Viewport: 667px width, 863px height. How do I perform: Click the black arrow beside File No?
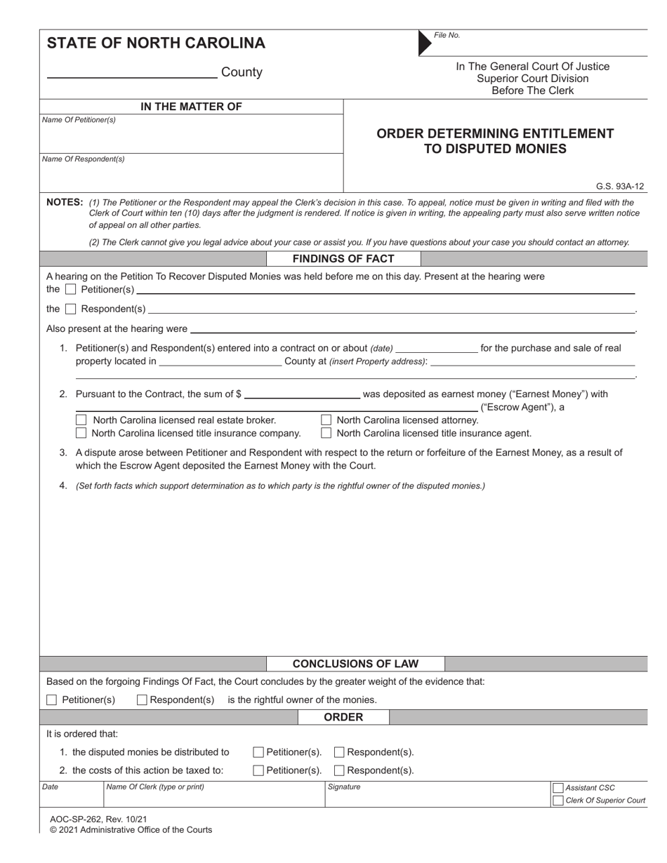(x=425, y=43)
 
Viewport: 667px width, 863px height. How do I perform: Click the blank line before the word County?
(x=132, y=73)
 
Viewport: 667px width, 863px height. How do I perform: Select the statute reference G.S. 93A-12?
(x=620, y=187)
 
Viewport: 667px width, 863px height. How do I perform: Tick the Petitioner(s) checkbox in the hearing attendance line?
(x=70, y=290)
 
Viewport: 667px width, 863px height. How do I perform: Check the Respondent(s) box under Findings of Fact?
(x=70, y=309)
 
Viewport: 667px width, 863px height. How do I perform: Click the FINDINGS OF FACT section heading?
(x=343, y=259)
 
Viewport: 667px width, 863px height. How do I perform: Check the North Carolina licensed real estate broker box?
(x=81, y=420)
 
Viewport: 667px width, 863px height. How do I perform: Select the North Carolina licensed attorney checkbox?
(x=326, y=420)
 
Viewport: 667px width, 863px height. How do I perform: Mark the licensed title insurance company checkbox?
(x=81, y=434)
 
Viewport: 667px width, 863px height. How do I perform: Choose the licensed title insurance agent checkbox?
(x=326, y=434)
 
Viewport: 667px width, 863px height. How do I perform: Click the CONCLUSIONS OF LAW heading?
(x=355, y=664)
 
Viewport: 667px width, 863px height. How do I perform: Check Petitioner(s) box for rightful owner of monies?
(x=51, y=700)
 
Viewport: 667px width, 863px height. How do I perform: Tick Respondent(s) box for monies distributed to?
(x=339, y=752)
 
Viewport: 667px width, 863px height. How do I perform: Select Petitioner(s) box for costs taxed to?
(x=258, y=770)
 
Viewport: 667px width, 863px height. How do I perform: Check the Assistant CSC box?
(x=558, y=788)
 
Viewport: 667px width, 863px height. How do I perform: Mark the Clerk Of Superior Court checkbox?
(x=558, y=801)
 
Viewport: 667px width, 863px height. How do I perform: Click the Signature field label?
(x=344, y=787)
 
